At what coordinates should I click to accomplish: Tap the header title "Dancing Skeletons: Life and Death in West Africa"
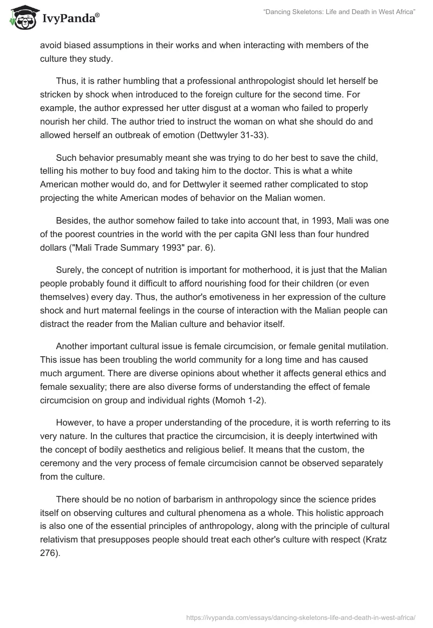tap(339, 12)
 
